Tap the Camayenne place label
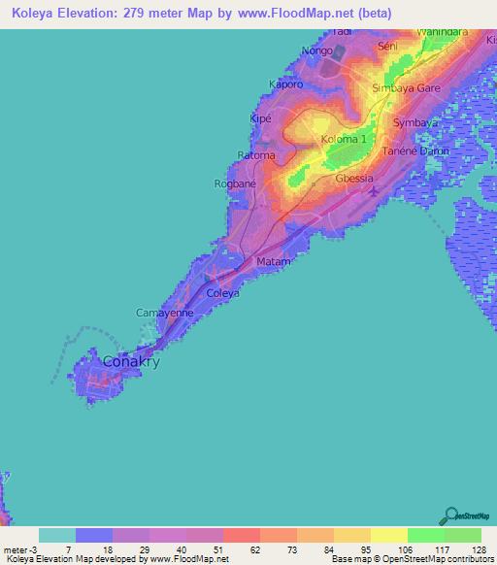tap(164, 314)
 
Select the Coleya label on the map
tap(223, 293)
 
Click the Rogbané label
tap(234, 183)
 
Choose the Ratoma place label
tap(256, 155)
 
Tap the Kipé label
tap(260, 118)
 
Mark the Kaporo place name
tap(286, 84)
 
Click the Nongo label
tap(316, 50)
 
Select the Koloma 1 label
tap(345, 139)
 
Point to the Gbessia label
tap(354, 179)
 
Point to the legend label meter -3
tap(18, 550)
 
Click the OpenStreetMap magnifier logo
tap(449, 515)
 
